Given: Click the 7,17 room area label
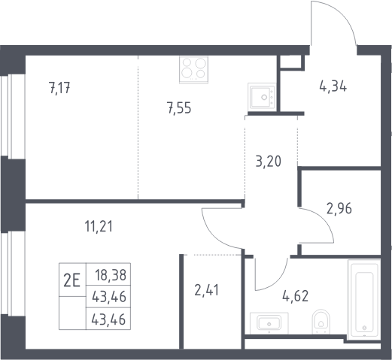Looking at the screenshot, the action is coord(60,88).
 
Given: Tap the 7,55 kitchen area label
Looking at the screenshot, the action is coord(180,108).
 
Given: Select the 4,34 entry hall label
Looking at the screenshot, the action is coord(333,86).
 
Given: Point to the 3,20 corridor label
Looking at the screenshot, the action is coord(269,161).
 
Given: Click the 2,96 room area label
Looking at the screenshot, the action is coord(339,208).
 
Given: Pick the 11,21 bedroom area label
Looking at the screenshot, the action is coord(99,226).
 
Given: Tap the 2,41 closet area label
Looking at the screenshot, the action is coord(207,290).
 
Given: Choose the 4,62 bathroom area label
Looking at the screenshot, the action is coord(296,296).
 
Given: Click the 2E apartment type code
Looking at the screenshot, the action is coord(72,280).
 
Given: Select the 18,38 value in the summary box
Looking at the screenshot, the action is coord(111,275).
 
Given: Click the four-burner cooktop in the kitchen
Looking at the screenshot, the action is coord(193,70).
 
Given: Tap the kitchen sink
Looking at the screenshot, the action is coord(262,96).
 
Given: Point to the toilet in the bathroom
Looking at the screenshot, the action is coord(321,322).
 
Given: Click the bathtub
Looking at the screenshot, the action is coord(364,300).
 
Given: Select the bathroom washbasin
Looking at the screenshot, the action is coord(269,323).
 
